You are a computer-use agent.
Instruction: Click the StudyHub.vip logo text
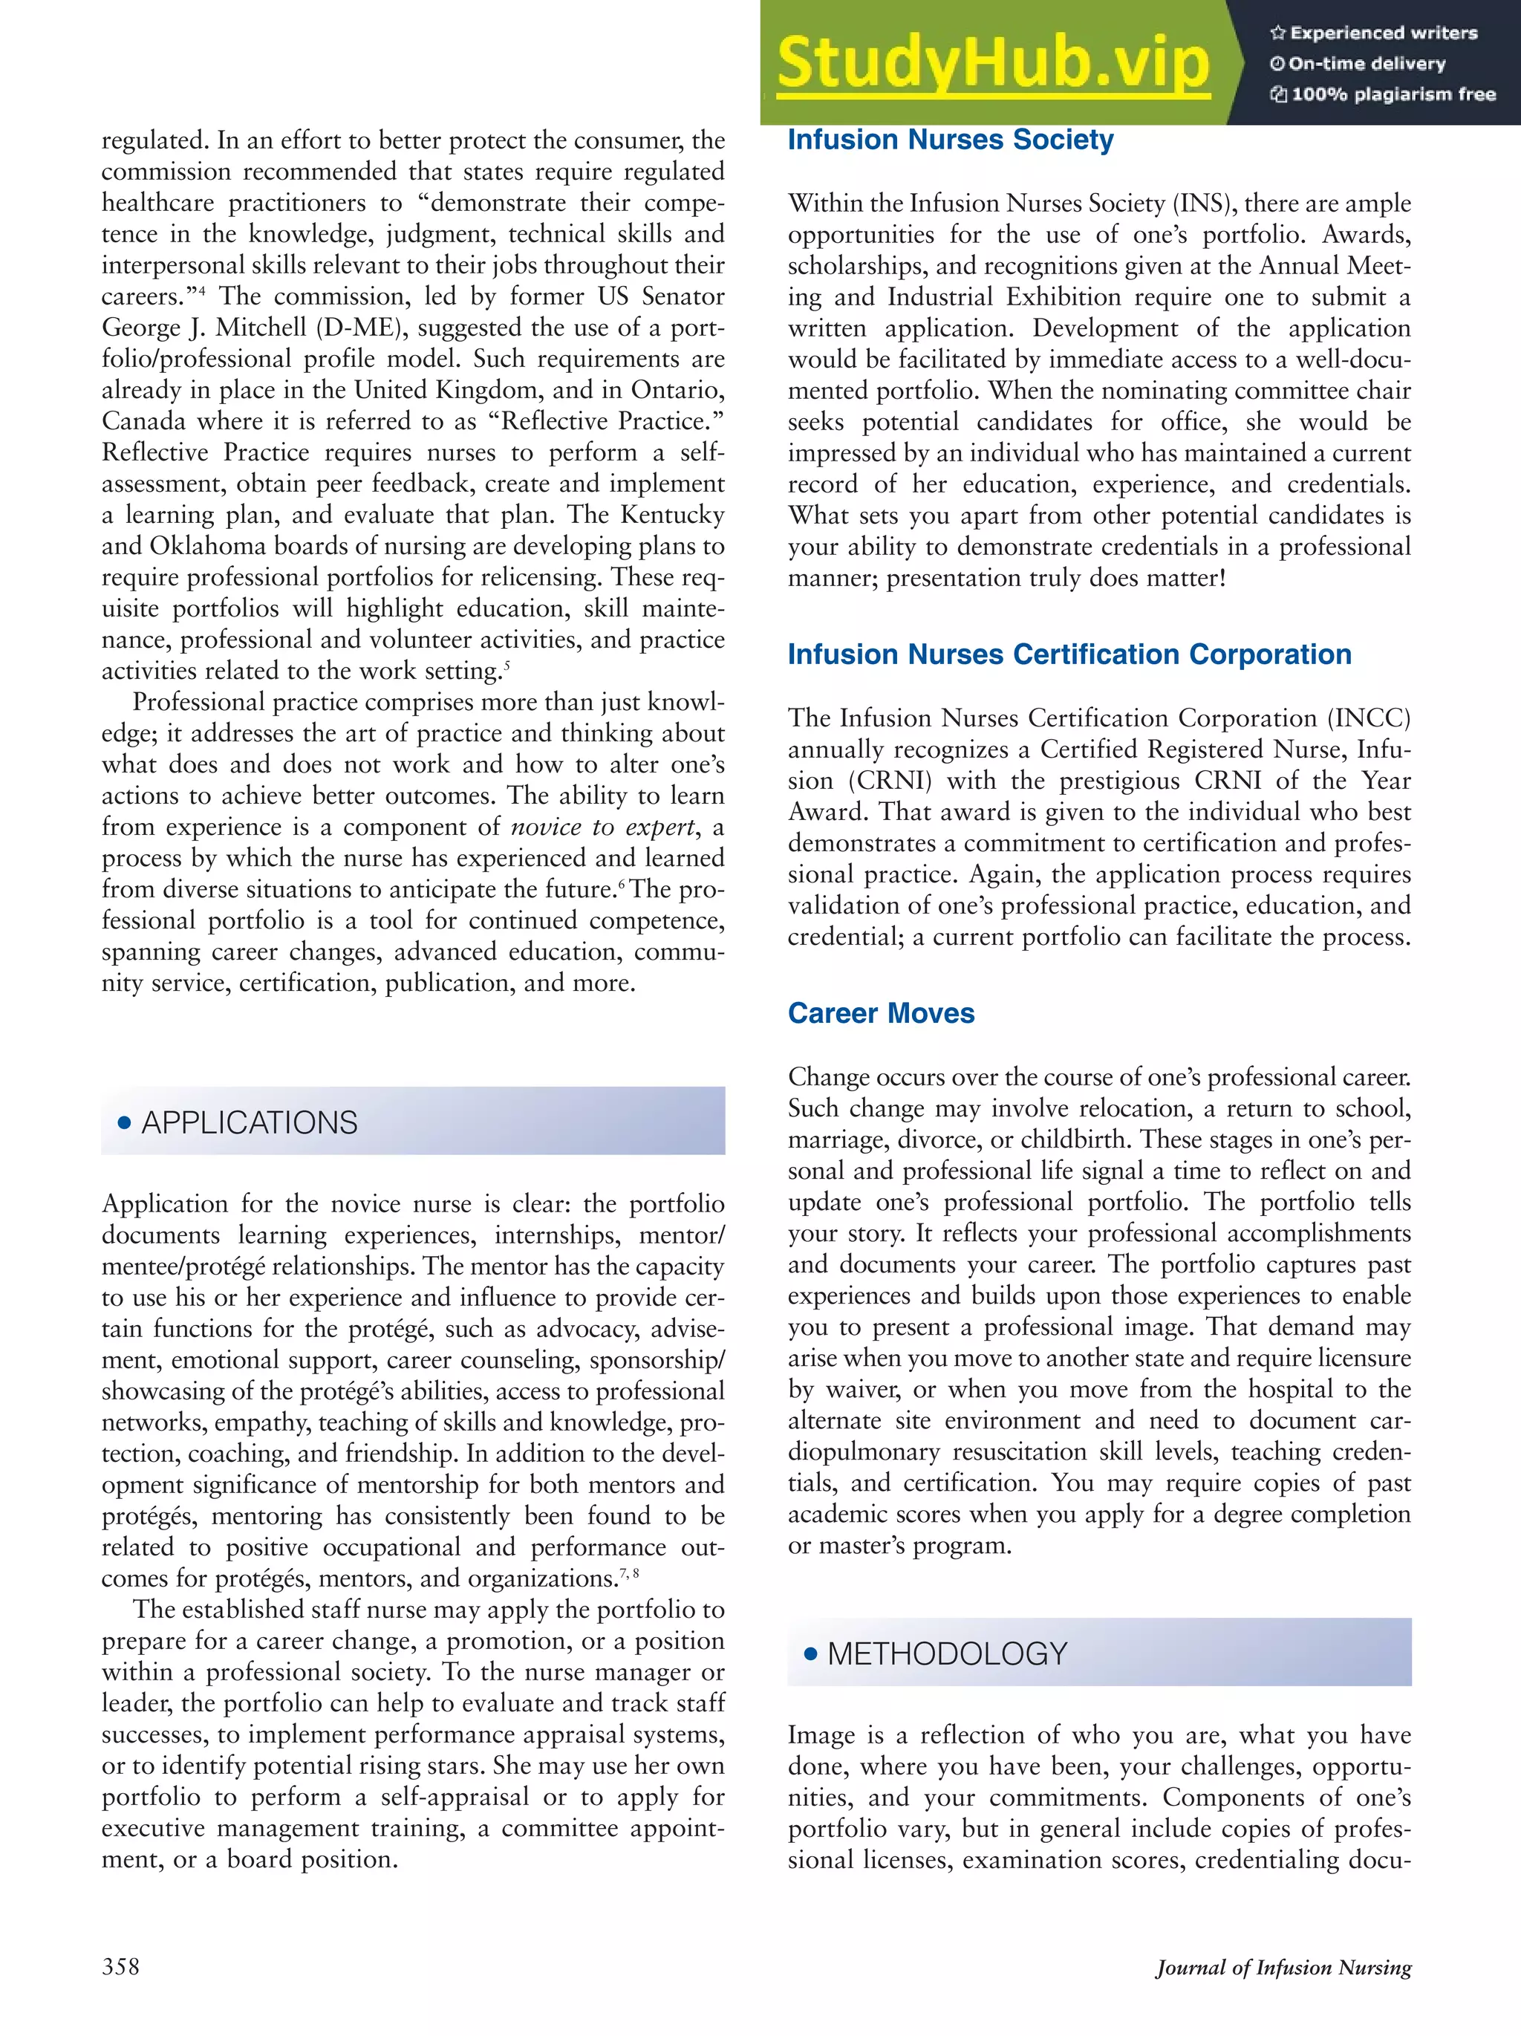click(993, 62)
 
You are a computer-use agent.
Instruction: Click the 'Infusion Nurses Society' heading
click(950, 140)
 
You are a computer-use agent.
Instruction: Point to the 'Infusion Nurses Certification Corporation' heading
click(1069, 654)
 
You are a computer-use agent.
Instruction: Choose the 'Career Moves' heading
click(881, 1013)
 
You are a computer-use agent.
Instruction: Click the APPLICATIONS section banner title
click(249, 1123)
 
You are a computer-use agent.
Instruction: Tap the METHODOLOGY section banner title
click(947, 1654)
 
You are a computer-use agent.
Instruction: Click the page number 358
click(120, 1967)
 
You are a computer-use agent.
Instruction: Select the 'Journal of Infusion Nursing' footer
click(1283, 1968)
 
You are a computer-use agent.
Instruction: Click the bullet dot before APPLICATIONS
click(124, 1123)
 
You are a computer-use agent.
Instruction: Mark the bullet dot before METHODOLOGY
click(810, 1654)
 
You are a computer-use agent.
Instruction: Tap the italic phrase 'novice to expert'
click(603, 827)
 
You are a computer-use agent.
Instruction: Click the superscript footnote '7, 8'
click(629, 1575)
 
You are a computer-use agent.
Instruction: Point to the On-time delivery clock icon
click(1277, 65)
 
